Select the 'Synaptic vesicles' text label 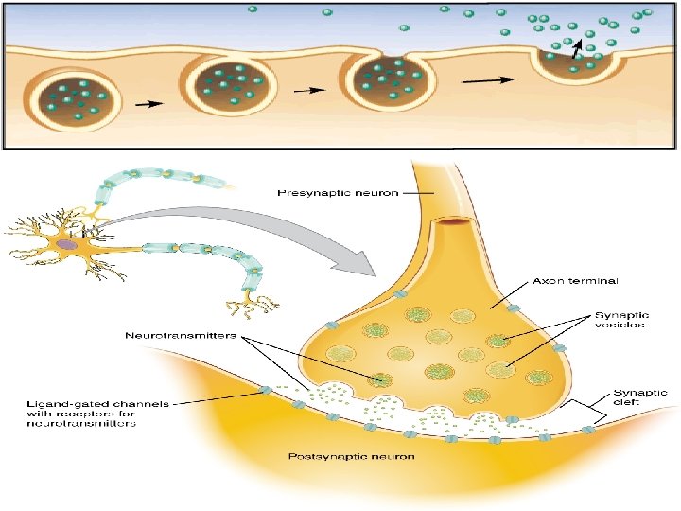coord(620,320)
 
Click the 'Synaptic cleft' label coord(640,398)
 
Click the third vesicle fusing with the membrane coord(387,81)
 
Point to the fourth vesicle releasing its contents coord(578,59)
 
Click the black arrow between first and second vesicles coord(148,106)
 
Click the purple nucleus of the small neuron coord(66,246)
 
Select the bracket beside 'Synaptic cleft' coord(597,410)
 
